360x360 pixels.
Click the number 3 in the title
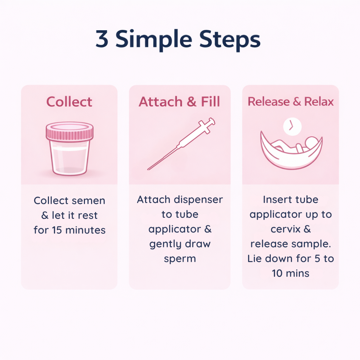[102, 39]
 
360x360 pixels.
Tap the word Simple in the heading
[154, 40]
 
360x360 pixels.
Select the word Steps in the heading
[230, 40]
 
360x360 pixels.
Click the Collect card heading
[69, 102]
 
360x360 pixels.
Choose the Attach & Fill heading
[179, 102]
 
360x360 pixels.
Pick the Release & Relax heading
[291, 102]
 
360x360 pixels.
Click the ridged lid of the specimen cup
[69, 131]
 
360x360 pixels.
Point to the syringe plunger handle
[207, 125]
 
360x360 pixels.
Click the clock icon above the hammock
[292, 126]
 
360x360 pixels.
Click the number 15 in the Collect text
[57, 230]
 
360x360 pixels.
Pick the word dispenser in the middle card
[198, 200]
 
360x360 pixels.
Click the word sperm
[180, 259]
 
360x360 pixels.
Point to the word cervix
[285, 229]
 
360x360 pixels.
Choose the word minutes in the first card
[85, 230]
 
